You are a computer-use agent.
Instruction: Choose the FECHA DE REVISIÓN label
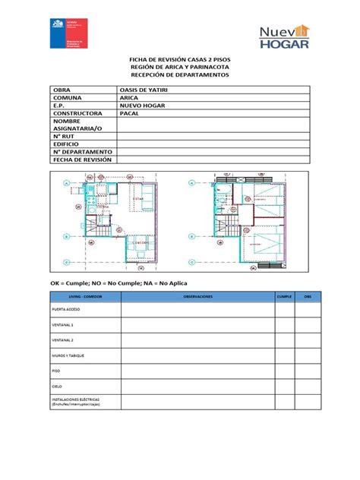(81, 160)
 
